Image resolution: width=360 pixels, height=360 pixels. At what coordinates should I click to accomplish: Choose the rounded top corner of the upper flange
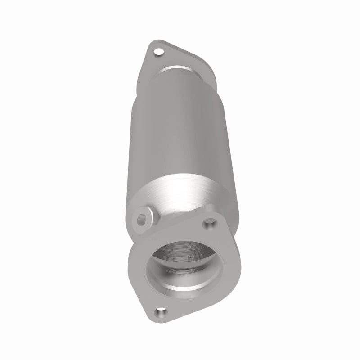click(x=155, y=45)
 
